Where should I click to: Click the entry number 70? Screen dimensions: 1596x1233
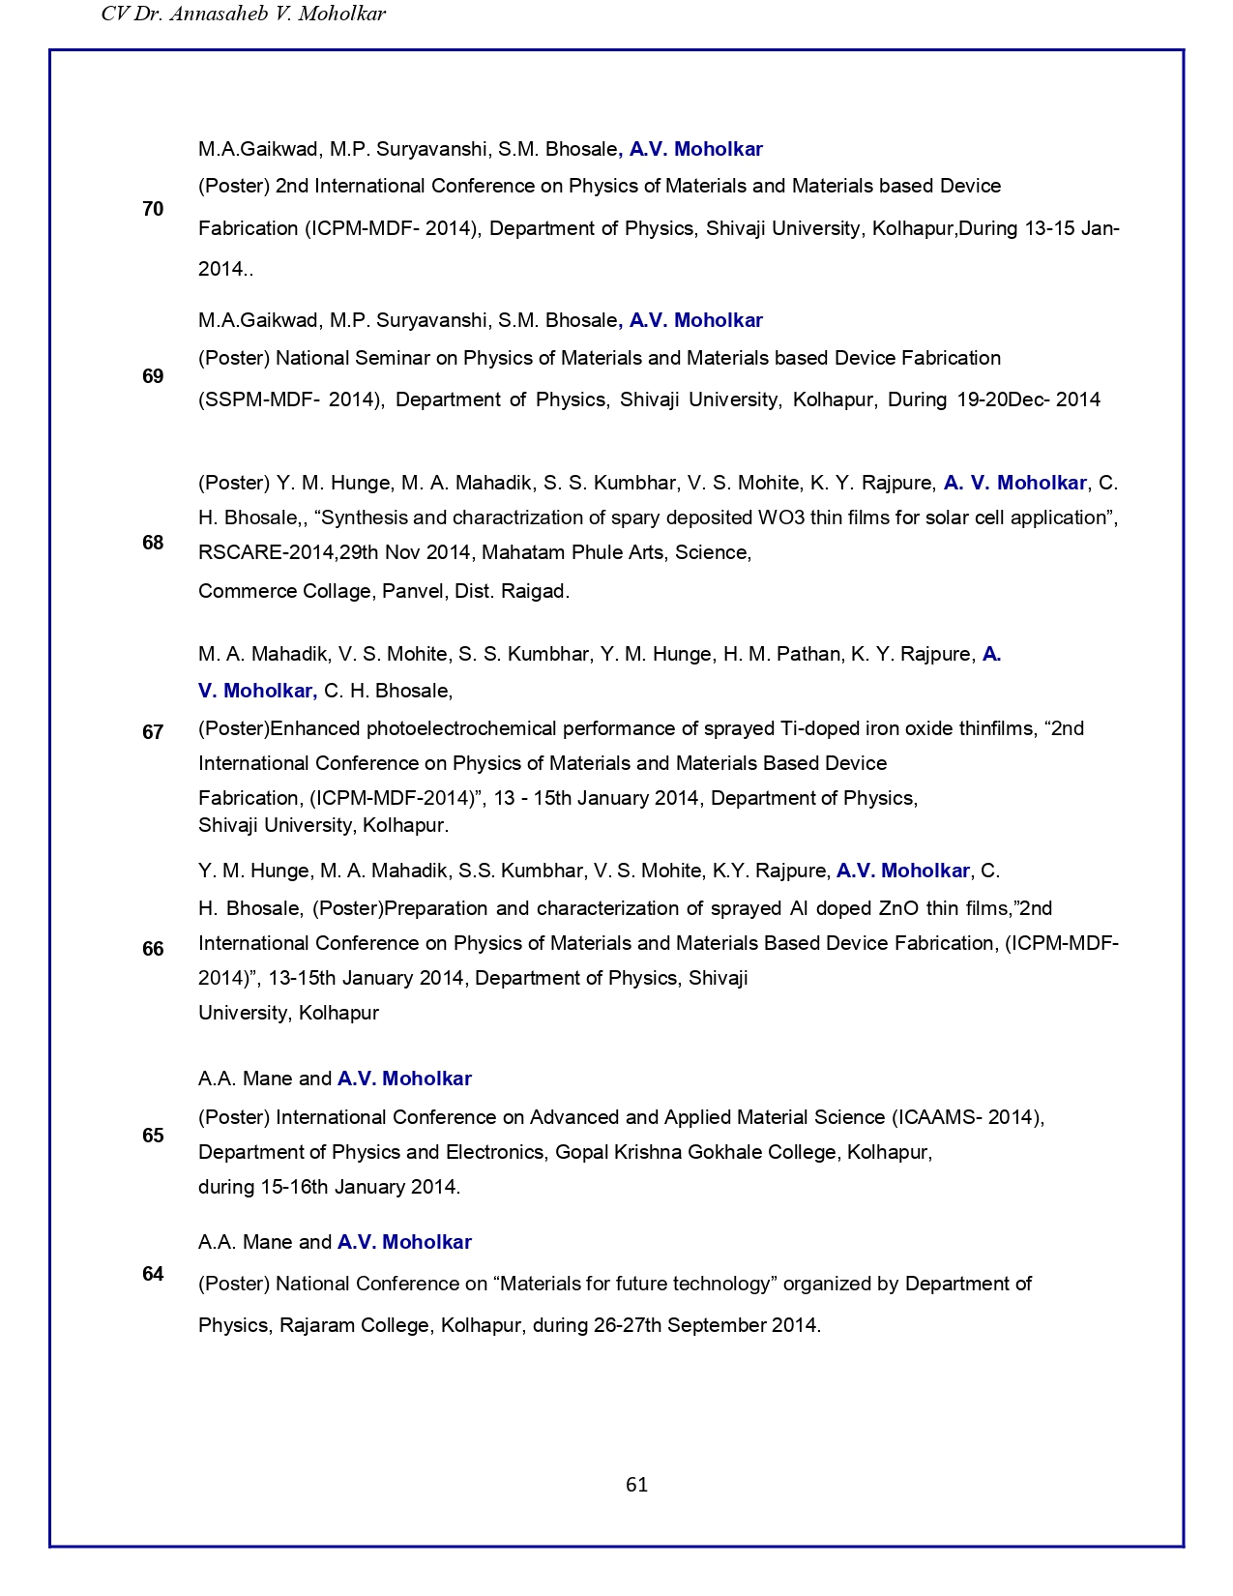tap(153, 209)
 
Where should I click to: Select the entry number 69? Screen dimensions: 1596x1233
tap(153, 376)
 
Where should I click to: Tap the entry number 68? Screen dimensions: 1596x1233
tap(153, 543)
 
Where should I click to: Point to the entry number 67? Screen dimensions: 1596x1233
tap(153, 732)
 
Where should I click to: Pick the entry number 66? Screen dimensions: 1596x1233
tap(153, 949)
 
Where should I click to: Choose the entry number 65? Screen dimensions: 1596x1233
tap(153, 1136)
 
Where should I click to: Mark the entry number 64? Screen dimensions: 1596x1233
tap(153, 1274)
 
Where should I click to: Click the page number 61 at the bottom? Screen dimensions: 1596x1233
tap(636, 1485)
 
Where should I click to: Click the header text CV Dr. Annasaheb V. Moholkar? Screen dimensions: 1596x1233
tap(243, 14)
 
